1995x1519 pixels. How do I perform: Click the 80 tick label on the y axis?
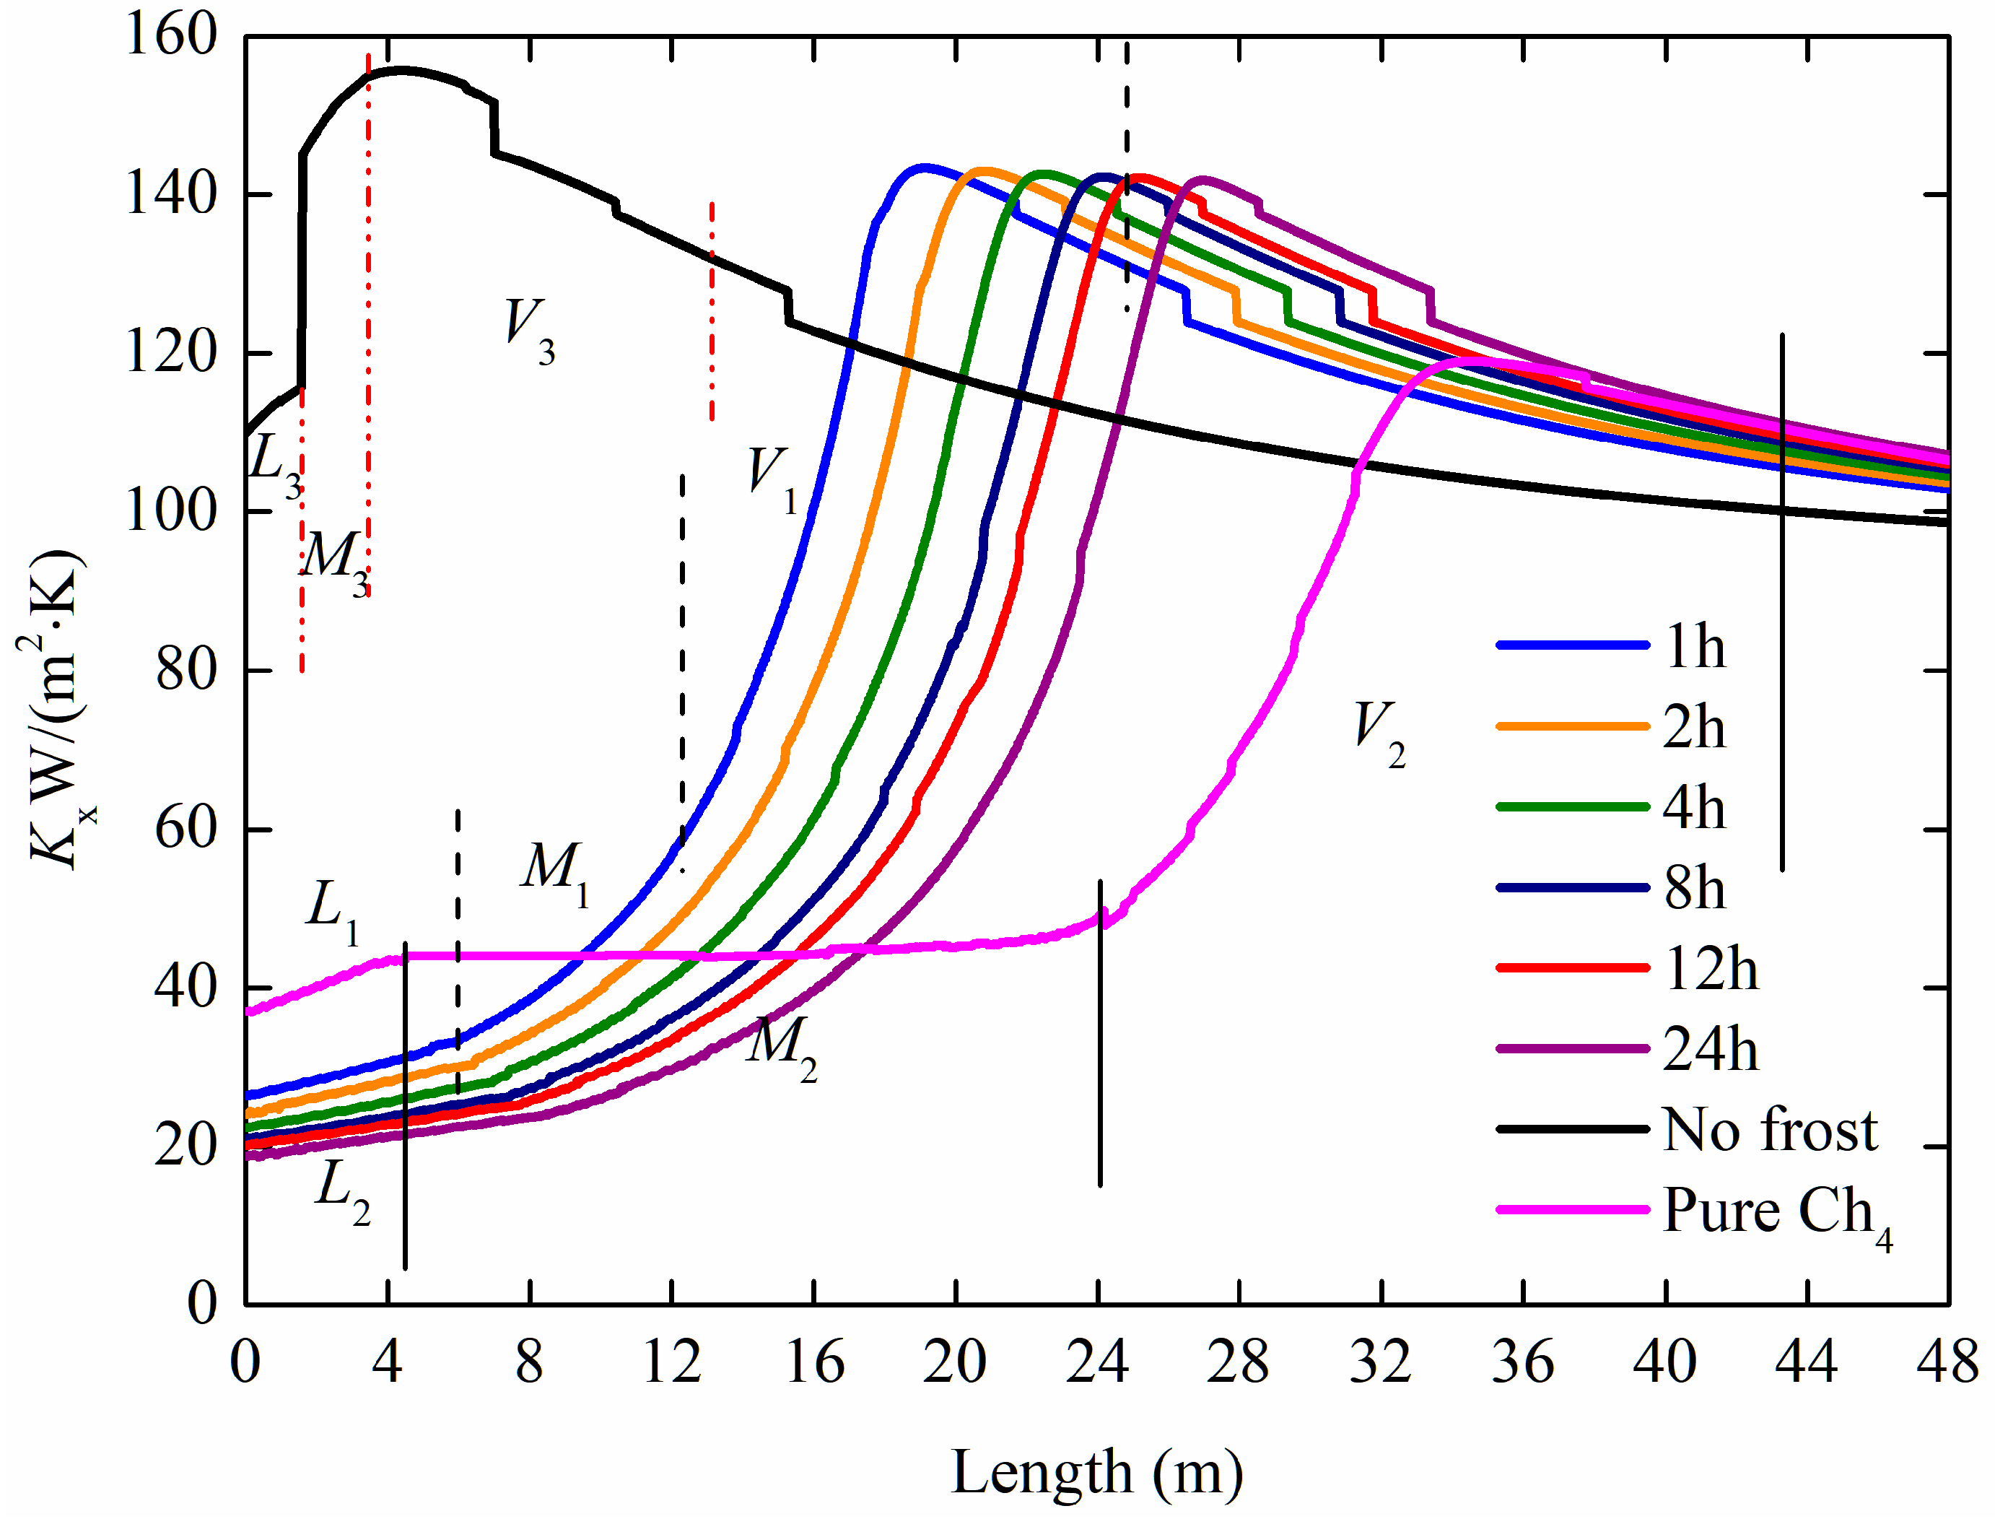tap(186, 670)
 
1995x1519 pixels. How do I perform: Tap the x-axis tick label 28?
tap(1238, 1362)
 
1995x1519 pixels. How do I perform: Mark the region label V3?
tap(529, 331)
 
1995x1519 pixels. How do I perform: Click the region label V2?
tap(1379, 732)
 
